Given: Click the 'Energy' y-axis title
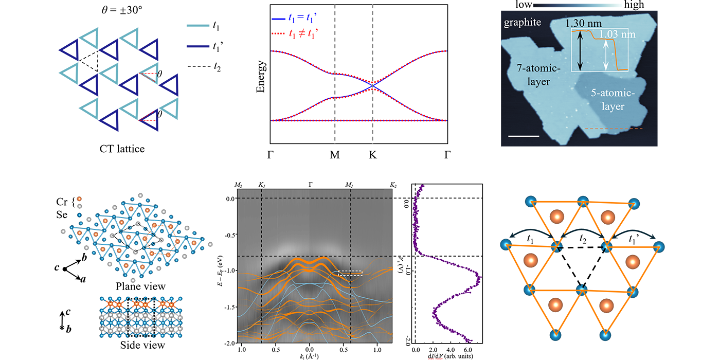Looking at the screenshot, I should [261, 77].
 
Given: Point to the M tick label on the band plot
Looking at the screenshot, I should [335, 154].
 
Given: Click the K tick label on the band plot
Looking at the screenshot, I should [372, 154].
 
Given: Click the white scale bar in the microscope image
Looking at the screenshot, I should [526, 136].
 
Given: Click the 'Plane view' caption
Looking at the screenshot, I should [133, 286].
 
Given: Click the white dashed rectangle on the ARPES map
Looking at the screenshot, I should [350, 273].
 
